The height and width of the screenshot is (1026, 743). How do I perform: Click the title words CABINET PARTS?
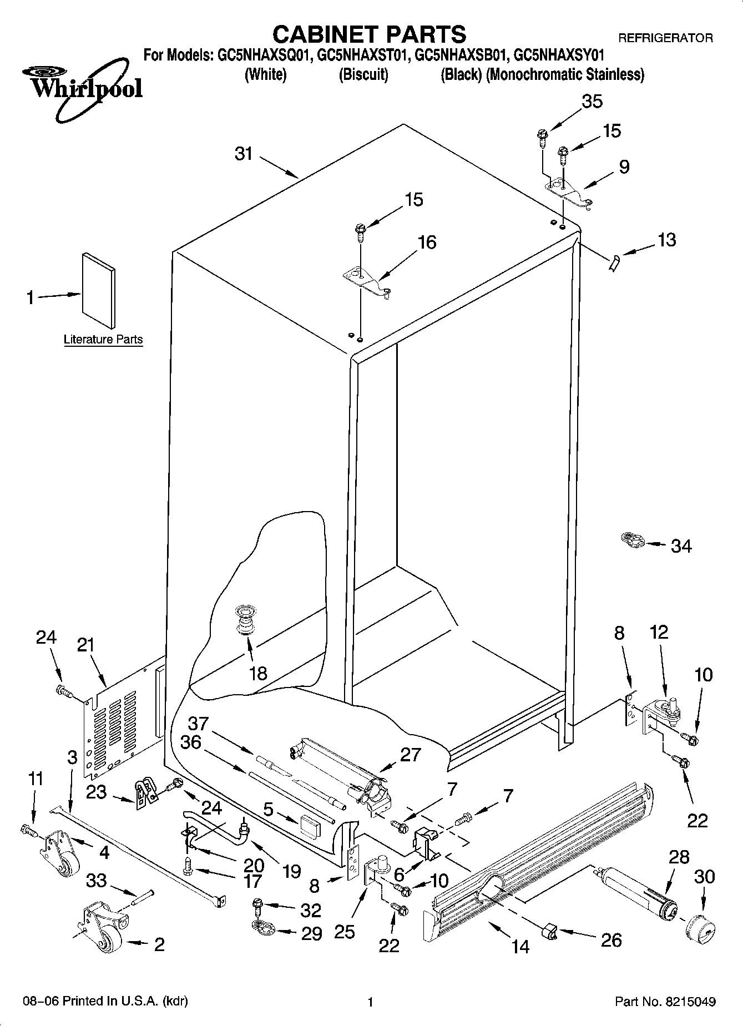point(369,34)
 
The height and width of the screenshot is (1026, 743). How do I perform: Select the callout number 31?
point(244,154)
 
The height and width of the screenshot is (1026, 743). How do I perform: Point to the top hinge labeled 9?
point(569,193)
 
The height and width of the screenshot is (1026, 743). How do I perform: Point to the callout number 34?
point(681,546)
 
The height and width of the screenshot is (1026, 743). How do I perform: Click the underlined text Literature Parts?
point(103,340)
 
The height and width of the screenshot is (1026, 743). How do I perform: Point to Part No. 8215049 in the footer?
point(665,1002)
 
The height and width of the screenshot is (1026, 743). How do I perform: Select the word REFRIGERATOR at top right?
point(665,38)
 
